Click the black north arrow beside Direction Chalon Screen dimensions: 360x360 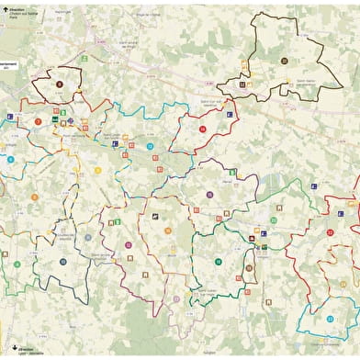[5, 10]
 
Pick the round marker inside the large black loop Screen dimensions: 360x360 [285, 61]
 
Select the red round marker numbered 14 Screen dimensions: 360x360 [202, 129]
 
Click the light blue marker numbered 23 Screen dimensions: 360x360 [330, 318]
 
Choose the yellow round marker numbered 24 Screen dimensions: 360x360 [168, 230]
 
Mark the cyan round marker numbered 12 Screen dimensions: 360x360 [150, 146]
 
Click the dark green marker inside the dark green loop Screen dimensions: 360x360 [219, 262]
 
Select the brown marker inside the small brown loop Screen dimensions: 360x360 [248, 268]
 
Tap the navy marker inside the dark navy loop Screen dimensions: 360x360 [63, 262]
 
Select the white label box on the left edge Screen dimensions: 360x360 [8, 66]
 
